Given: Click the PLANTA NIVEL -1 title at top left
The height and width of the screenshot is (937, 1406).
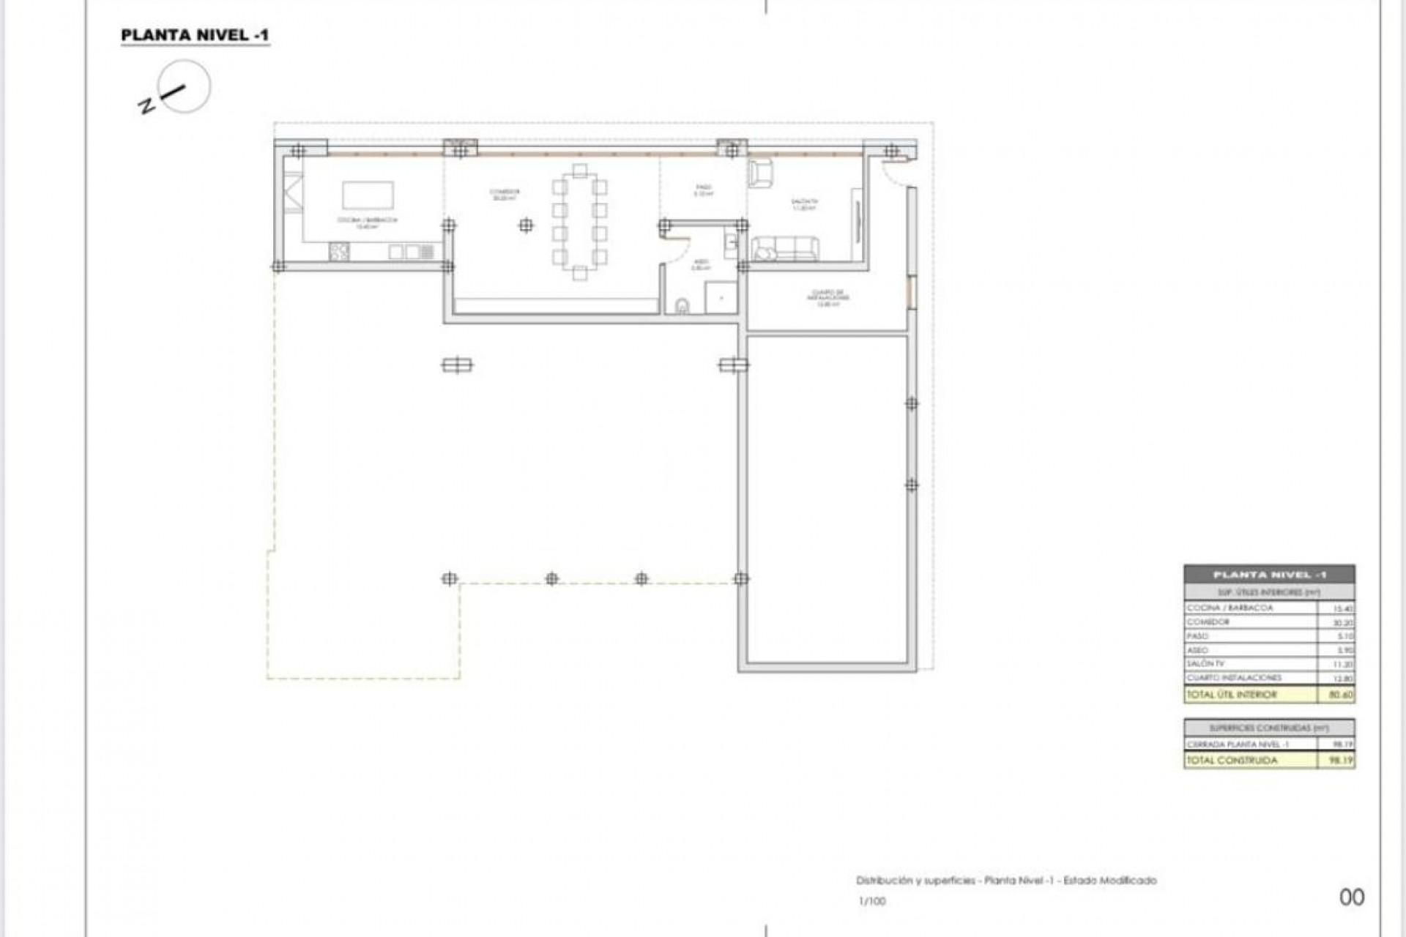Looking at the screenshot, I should [195, 35].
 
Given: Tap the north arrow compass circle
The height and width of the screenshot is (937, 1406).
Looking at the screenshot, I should [185, 86].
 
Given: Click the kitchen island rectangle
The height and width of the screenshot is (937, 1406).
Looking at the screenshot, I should [368, 195].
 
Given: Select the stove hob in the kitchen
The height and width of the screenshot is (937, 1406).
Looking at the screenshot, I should [339, 252].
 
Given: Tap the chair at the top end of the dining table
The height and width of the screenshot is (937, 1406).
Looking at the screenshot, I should [580, 171].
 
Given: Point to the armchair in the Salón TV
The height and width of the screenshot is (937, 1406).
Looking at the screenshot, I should [760, 173].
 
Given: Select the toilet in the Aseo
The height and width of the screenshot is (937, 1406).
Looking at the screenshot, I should [682, 305].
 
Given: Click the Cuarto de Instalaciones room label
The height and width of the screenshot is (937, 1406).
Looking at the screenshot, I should [828, 297].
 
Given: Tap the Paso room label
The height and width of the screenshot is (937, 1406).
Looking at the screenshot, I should [703, 191].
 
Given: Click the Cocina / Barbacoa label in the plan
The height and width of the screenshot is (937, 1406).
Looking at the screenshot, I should [368, 223].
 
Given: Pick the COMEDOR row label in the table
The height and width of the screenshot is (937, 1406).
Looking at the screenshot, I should [1208, 622].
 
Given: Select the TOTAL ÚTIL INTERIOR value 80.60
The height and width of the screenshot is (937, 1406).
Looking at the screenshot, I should [1341, 695].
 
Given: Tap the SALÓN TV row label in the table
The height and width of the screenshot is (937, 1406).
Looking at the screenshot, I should [1205, 664].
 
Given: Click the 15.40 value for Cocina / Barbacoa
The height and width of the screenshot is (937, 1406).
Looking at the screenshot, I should [1343, 609].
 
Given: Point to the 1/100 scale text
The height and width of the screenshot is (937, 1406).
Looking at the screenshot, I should [871, 902].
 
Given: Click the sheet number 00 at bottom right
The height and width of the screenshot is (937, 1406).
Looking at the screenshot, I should [1352, 897].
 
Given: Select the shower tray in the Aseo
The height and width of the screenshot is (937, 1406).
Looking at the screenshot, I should [721, 297].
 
